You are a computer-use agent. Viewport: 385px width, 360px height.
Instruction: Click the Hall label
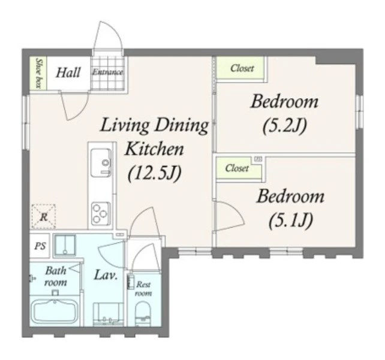(x=68, y=72)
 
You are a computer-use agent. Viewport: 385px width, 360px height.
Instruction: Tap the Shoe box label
(x=38, y=73)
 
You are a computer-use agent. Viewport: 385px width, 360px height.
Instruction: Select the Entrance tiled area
(x=107, y=73)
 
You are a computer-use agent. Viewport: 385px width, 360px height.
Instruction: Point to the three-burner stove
(x=101, y=214)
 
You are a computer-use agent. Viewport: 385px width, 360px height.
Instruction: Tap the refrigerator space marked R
(x=43, y=216)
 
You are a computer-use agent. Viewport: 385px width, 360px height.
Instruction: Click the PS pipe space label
(x=40, y=246)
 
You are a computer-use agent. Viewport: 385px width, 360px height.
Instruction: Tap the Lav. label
(x=106, y=275)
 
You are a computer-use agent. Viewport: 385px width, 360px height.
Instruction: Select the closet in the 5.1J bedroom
(x=238, y=168)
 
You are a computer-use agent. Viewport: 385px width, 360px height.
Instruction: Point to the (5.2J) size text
(x=284, y=126)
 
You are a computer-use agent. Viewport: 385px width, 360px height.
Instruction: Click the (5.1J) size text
(x=291, y=220)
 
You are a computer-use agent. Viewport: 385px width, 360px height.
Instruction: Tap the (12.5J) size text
(x=155, y=173)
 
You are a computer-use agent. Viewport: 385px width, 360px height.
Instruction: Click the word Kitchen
(x=155, y=149)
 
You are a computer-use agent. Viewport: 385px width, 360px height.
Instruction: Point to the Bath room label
(x=55, y=277)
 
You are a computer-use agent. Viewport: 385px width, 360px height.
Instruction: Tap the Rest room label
(x=143, y=289)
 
